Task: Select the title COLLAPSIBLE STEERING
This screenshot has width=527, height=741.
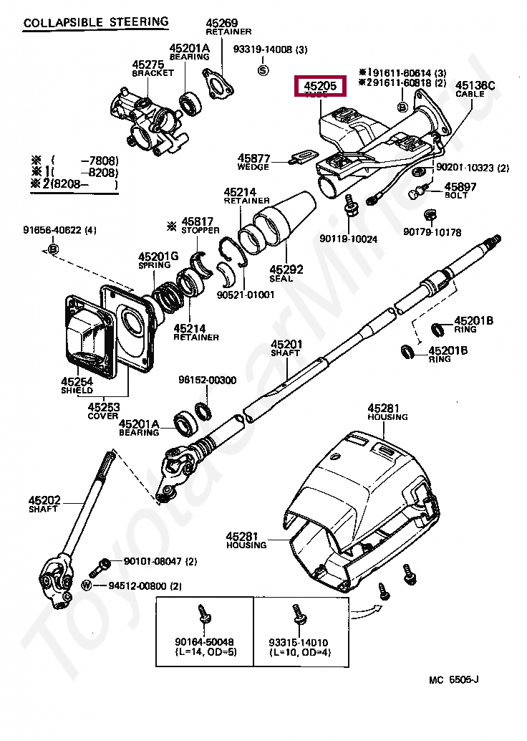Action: coord(96,22)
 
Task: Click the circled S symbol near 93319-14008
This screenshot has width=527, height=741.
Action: coord(263,70)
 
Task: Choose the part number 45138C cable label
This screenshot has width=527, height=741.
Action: coord(475,85)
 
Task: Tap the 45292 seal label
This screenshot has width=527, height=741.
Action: coord(286,269)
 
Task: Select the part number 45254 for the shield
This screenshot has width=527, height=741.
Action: coord(77,382)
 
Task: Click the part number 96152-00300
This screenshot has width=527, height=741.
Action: coord(207,380)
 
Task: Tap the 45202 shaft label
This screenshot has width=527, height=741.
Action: coord(44,499)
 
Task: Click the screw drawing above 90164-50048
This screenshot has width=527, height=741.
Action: coord(202,616)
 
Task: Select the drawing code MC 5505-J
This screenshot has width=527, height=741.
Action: coord(454,679)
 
